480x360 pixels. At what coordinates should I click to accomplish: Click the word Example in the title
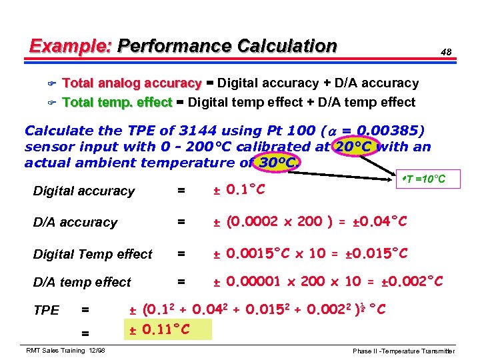[70, 46]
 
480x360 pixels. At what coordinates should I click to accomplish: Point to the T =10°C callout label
[424, 179]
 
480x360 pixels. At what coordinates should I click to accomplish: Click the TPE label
[46, 310]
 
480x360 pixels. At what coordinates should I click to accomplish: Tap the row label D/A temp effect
[82, 283]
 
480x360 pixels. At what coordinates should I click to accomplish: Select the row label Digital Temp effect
[93, 254]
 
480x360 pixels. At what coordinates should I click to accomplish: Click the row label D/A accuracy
[75, 223]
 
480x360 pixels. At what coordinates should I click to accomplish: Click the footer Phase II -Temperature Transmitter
[404, 351]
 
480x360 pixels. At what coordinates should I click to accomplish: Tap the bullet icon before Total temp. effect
[51, 103]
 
